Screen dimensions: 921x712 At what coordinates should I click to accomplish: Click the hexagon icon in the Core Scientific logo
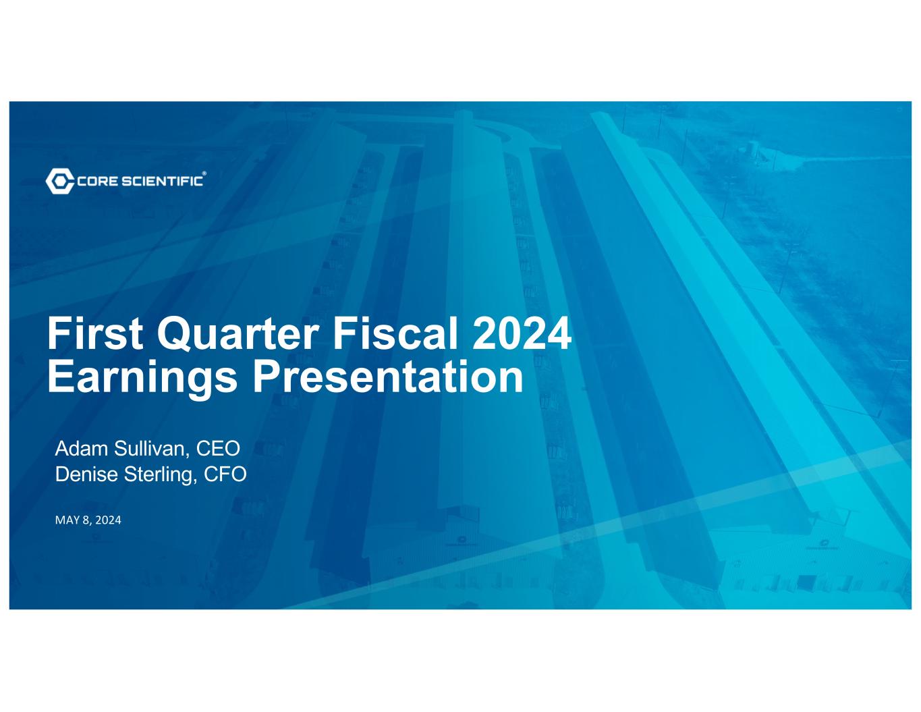coord(60,181)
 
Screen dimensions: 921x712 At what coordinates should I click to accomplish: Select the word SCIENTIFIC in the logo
coord(162,182)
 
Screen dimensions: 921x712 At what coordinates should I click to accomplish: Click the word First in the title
coord(95,333)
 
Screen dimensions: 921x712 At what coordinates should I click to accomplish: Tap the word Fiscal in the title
coord(395,333)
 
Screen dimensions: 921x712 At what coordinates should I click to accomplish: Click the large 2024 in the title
coord(522,333)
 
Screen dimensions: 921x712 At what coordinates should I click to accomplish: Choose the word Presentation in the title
coord(388,377)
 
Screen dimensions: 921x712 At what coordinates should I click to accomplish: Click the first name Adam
coord(82,449)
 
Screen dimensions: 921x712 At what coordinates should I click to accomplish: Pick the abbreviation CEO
coord(218,449)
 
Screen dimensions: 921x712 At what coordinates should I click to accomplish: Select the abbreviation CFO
coord(225,474)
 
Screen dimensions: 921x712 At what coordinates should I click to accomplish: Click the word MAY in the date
coord(67,520)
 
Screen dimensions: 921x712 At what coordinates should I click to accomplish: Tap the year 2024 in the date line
coord(108,520)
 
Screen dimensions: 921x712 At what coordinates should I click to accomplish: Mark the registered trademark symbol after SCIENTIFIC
coord(204,173)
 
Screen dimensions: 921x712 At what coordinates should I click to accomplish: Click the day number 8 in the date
coord(86,520)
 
